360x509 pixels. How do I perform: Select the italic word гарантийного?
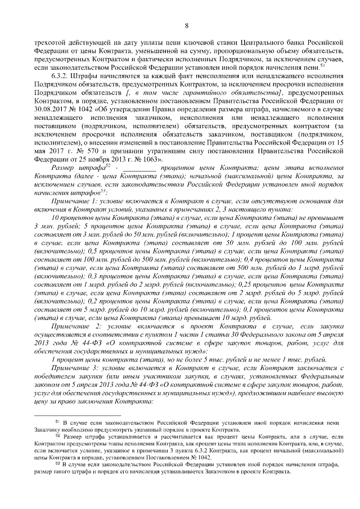coord(196,91)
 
